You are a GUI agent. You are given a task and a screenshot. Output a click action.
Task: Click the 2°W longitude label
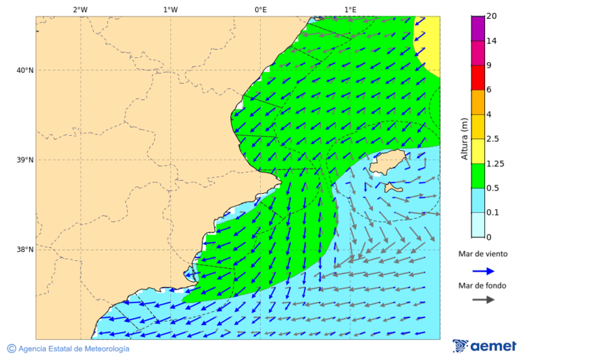tap(80, 10)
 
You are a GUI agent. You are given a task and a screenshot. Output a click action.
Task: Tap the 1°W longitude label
tap(170, 10)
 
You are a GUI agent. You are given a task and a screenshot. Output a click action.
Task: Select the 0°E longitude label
tap(260, 10)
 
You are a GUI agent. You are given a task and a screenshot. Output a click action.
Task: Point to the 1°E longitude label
tap(350, 10)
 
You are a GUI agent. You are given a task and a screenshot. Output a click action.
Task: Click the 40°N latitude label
tap(25, 70)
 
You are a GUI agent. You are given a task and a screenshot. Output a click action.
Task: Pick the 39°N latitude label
tap(25, 160)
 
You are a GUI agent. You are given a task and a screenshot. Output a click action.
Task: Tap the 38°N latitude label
tap(25, 250)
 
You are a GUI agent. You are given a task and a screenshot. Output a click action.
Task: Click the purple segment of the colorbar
tap(478, 28)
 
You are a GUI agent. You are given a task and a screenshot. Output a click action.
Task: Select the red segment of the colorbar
tap(478, 77)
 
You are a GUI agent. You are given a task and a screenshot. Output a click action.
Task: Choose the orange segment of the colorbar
tap(478, 102)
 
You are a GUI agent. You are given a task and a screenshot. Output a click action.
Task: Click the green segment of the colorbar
tap(478, 176)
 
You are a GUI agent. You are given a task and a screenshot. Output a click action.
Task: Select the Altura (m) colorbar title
tap(464, 138)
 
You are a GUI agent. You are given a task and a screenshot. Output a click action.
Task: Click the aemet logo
tap(484, 346)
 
